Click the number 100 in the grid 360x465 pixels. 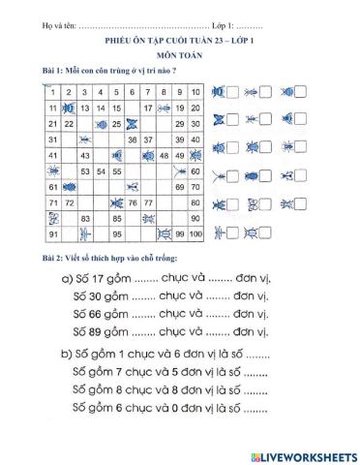pyautogui.click(x=195, y=234)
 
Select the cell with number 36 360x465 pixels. pyautogui.click(x=133, y=139)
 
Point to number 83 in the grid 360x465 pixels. pyautogui.click(x=85, y=218)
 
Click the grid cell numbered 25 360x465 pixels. pyautogui.click(x=117, y=124)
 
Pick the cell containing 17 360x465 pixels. pyautogui.click(x=148, y=108)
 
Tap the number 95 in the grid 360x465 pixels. pyautogui.click(x=116, y=234)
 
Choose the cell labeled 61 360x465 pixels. pyautogui.click(x=52, y=187)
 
